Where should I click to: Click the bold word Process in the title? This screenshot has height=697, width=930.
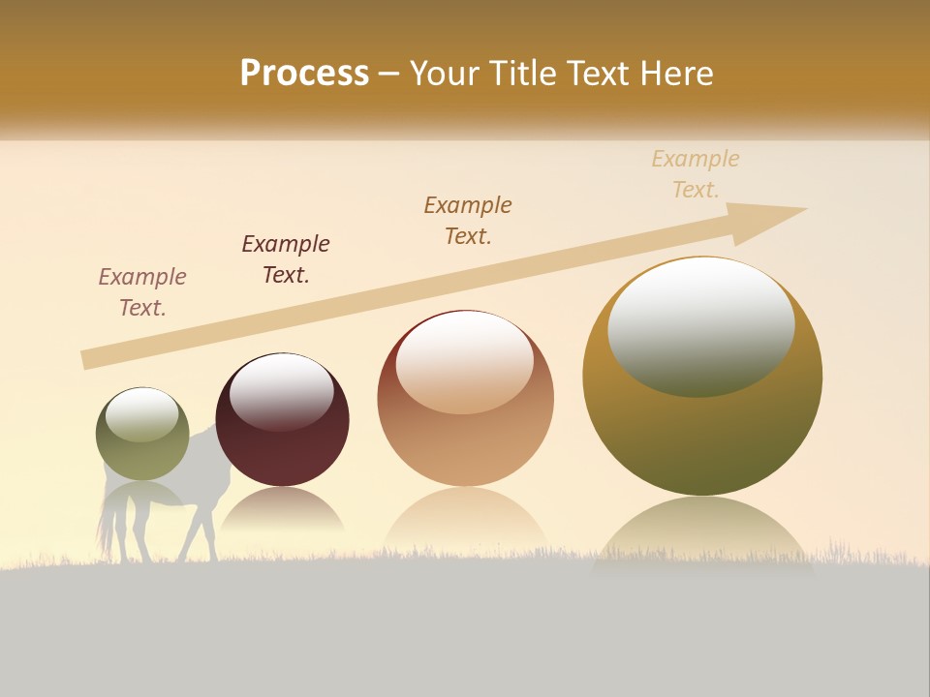click(x=304, y=74)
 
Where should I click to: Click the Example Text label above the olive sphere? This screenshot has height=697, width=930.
click(x=142, y=292)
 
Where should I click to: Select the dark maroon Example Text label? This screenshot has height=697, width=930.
click(x=286, y=259)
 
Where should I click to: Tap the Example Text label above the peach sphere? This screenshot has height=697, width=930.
click(x=468, y=220)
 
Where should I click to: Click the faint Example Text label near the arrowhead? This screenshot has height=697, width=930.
click(x=696, y=174)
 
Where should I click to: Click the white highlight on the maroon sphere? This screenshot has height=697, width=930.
click(x=282, y=390)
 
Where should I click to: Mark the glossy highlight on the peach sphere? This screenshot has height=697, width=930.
click(x=465, y=361)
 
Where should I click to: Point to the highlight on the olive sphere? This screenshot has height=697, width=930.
click(x=142, y=414)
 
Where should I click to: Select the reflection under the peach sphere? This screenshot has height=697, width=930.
click(x=465, y=518)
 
